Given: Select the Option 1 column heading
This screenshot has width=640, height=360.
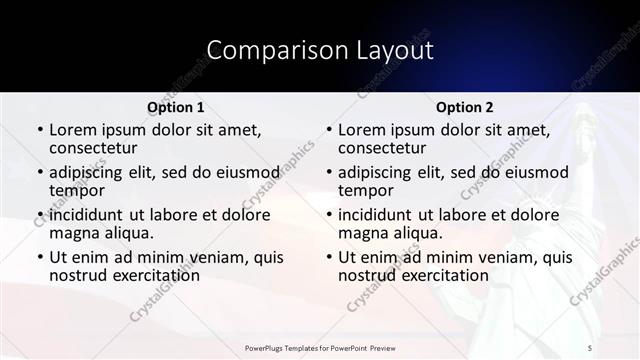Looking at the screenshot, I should [176, 107].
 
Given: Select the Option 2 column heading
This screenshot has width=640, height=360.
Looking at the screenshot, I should [465, 107].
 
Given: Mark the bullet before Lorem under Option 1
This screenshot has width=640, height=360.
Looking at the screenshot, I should [39, 131].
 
